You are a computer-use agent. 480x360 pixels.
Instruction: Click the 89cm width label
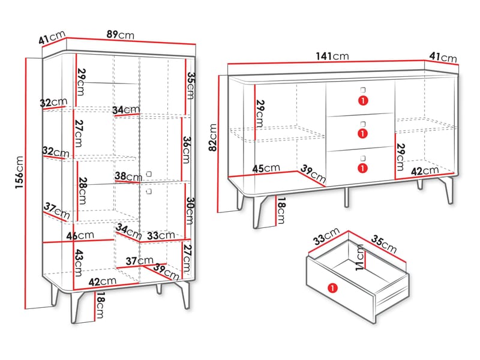[121, 35]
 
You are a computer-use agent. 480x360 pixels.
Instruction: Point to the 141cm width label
[332, 56]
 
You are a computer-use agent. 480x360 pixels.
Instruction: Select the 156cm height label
[19, 172]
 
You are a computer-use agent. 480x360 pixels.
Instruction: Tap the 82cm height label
[212, 137]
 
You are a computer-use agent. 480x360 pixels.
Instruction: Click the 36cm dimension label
[187, 149]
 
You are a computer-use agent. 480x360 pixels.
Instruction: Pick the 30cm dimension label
[190, 211]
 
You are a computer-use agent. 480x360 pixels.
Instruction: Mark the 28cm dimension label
[82, 191]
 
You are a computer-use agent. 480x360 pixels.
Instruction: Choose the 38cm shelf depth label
[128, 176]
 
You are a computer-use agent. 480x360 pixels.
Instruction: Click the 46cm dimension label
[80, 235]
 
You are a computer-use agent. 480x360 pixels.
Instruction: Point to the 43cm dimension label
[79, 263]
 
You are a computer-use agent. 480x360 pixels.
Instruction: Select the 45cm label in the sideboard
[266, 168]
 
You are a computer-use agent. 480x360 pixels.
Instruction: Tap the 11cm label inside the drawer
[359, 257]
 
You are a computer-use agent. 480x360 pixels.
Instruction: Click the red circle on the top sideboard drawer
[363, 100]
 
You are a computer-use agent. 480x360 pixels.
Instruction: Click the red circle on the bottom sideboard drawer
[363, 168]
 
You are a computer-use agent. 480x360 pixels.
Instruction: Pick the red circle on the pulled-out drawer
[332, 288]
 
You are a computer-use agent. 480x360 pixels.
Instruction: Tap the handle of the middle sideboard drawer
[363, 124]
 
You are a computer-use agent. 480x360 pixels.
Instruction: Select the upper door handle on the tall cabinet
[149, 174]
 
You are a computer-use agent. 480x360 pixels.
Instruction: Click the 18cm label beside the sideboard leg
[281, 211]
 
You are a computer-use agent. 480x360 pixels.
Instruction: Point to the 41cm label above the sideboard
[443, 57]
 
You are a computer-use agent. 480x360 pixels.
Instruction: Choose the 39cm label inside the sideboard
[313, 173]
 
